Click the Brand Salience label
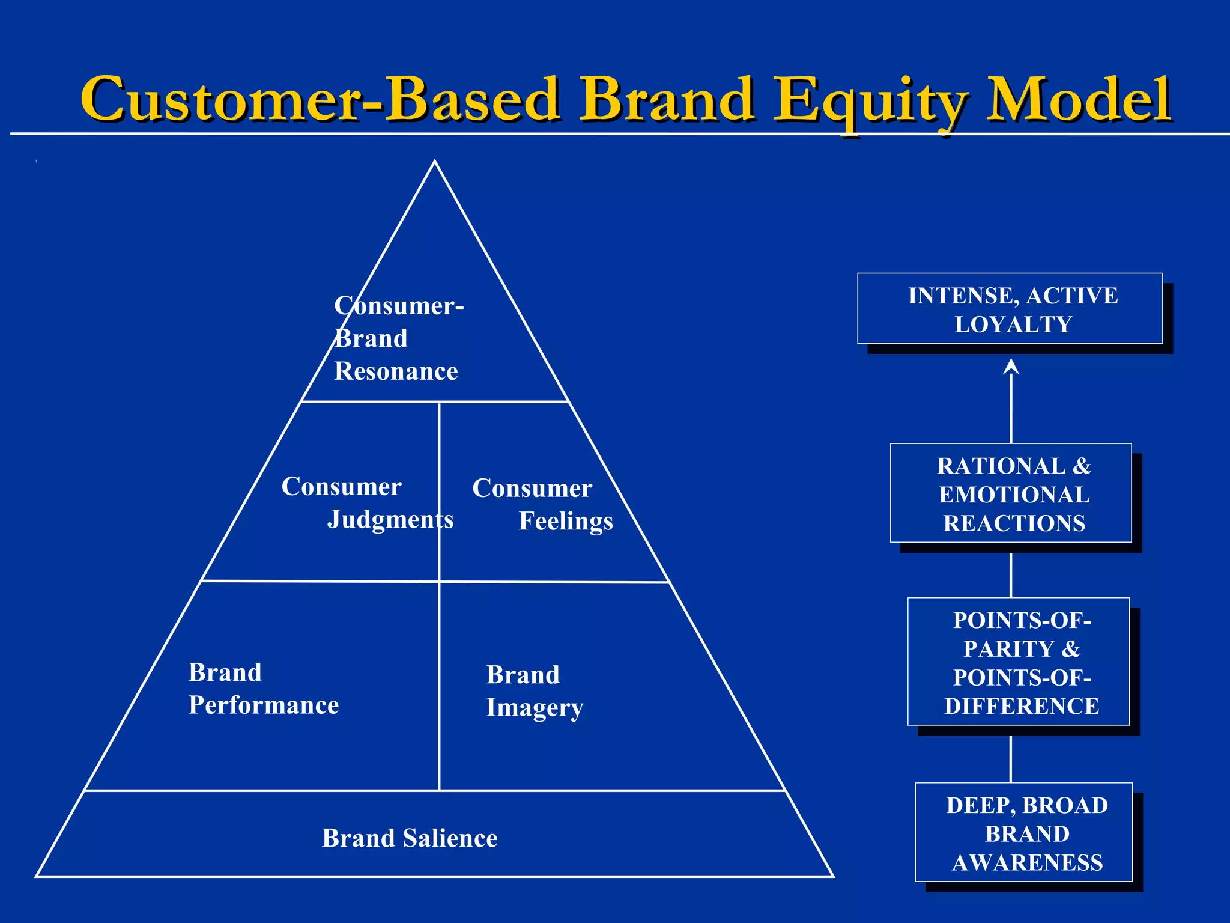tap(410, 838)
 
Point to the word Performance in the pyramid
tap(264, 705)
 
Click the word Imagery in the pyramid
tap(535, 708)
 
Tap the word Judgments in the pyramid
tap(390, 519)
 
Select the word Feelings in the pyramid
tap(566, 521)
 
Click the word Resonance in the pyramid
tap(396, 371)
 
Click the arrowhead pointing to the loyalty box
tap(1011, 366)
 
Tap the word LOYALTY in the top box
tap(1013, 324)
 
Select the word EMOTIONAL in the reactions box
tap(1014, 495)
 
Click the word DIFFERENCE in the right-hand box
tap(1022, 706)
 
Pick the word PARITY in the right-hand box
tap(1009, 649)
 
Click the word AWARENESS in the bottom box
tap(1027, 863)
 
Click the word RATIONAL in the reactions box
tap(1001, 466)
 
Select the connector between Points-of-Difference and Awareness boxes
tap(1011, 758)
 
